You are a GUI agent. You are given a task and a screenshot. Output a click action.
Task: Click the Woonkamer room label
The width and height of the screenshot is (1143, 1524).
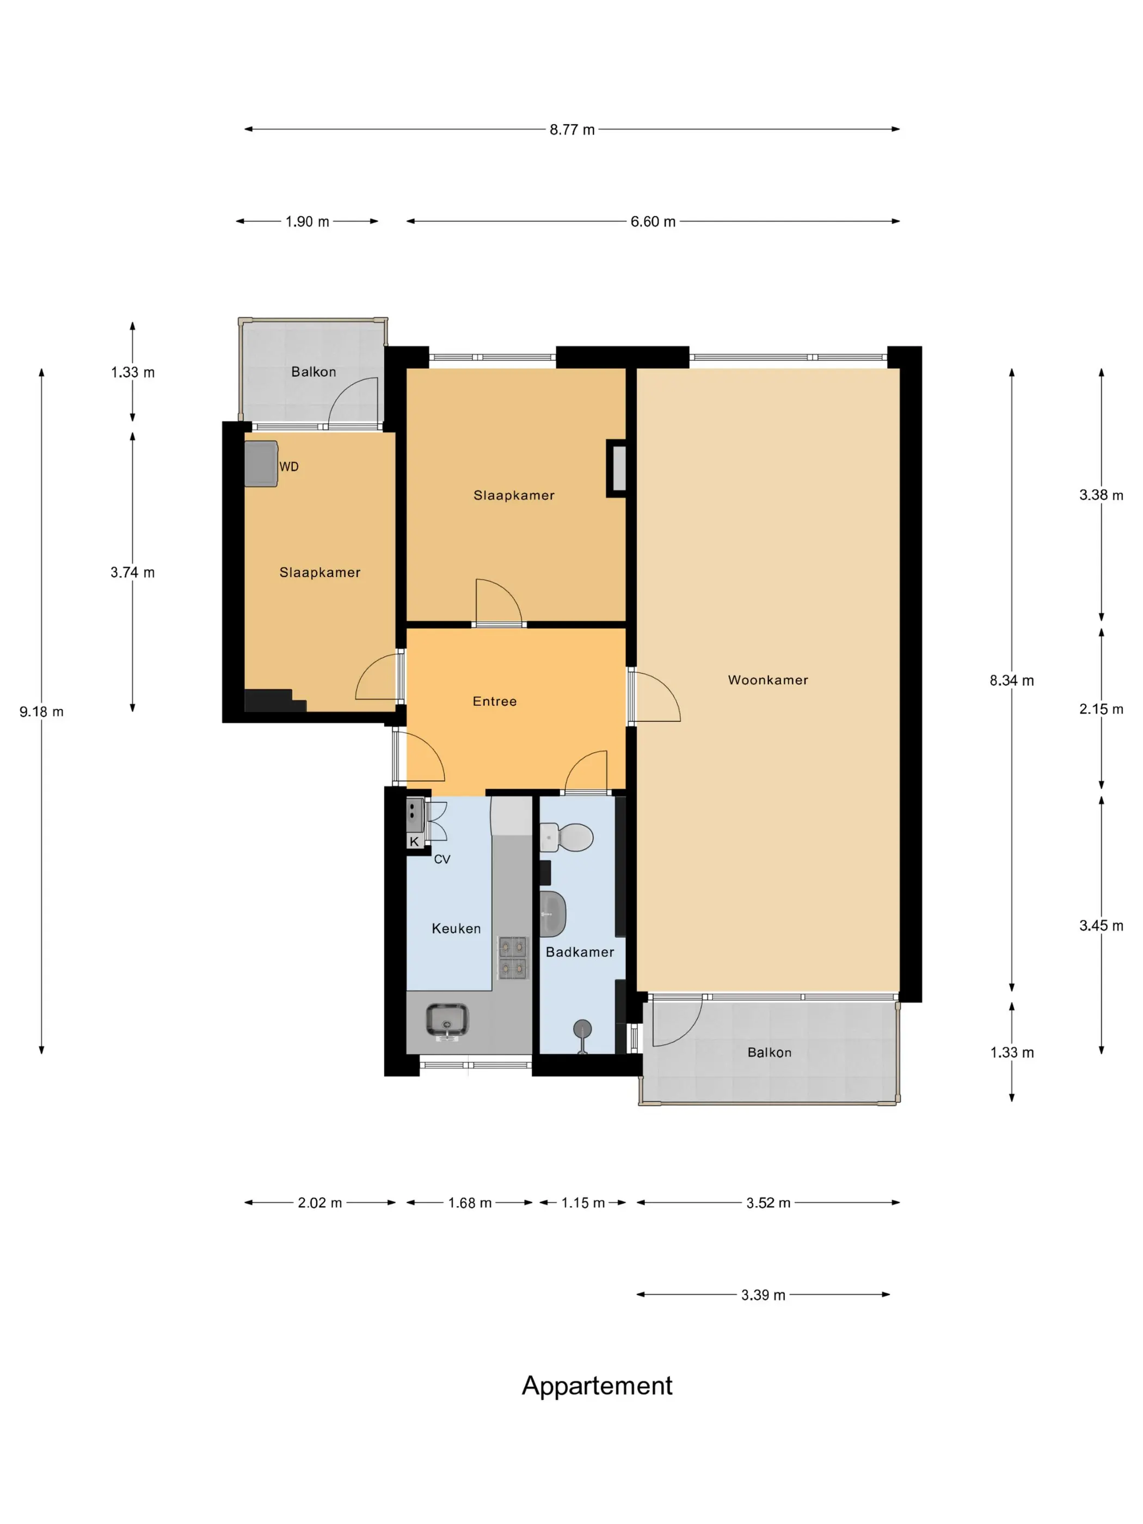click(767, 680)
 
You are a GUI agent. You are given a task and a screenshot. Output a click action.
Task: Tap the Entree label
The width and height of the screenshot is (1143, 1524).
click(494, 702)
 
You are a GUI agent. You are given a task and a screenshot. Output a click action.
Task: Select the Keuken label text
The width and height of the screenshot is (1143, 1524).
click(456, 928)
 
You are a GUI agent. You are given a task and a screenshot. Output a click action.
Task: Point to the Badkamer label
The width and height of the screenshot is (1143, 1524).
click(580, 951)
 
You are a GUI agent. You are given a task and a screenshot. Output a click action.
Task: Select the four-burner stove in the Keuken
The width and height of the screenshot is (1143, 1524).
click(513, 957)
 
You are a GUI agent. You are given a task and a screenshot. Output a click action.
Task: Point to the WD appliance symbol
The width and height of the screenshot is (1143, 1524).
click(261, 464)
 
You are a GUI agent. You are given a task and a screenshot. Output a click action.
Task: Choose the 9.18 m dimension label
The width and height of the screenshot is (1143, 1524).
click(41, 712)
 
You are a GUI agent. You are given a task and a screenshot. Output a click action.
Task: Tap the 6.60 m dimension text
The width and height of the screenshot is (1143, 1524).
click(653, 222)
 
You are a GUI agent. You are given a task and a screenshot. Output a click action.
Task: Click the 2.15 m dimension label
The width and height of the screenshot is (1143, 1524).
click(1101, 709)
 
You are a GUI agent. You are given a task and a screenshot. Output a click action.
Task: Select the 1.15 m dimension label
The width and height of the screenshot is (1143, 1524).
click(583, 1202)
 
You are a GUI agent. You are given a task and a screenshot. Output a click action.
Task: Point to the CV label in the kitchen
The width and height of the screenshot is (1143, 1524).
click(441, 859)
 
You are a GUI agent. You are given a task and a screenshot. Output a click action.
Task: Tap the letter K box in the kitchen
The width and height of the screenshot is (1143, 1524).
click(414, 841)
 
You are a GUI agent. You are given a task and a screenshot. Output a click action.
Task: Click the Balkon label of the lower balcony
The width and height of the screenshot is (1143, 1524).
click(769, 1052)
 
